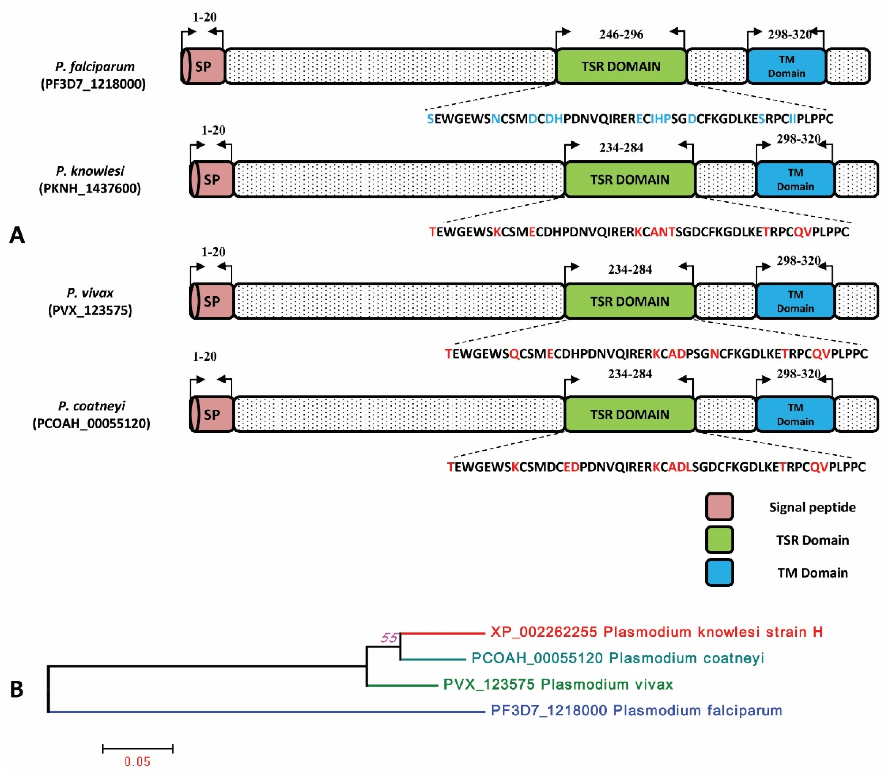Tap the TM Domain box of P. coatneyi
[x=795, y=414]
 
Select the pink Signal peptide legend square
[x=719, y=507]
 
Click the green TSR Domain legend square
[x=719, y=540]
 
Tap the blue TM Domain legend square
[x=719, y=572]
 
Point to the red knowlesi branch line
[x=443, y=633]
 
